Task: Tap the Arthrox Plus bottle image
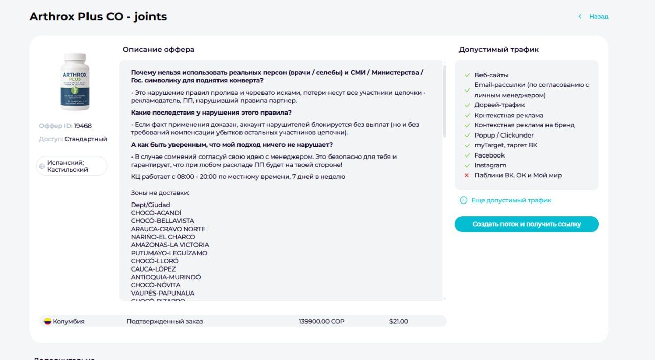tap(75, 82)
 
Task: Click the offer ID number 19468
tap(82, 126)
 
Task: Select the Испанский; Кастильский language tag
tap(72, 166)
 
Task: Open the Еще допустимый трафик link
tap(511, 200)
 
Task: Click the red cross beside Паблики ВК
tap(467, 175)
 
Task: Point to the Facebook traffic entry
tap(489, 155)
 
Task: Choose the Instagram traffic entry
tap(490, 165)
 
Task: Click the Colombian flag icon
tap(47, 321)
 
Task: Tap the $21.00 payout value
tap(399, 321)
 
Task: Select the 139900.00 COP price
tap(321, 321)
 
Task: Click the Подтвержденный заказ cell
tap(165, 321)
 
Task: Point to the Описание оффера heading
tap(159, 50)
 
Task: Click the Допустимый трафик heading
tap(498, 50)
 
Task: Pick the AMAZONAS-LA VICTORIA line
tap(170, 245)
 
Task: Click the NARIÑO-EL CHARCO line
tap(163, 237)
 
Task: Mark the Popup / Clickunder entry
tap(504, 136)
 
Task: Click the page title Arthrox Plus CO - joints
tap(98, 17)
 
